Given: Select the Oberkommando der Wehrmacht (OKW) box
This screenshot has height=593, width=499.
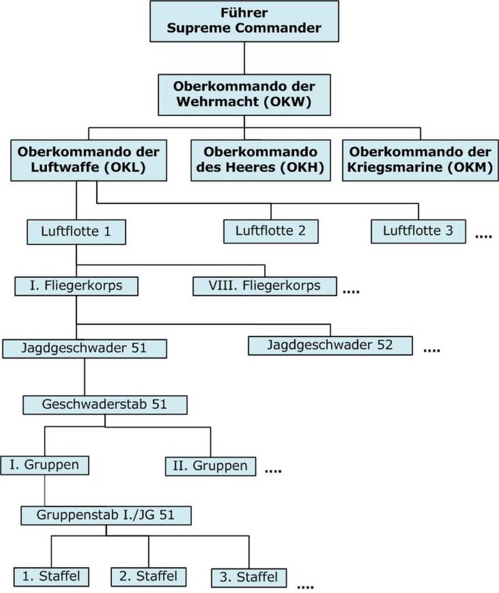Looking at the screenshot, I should click(244, 94).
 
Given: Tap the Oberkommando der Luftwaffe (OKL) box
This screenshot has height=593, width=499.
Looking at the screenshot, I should click(89, 160).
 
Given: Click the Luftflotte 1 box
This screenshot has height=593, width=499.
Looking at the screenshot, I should click(76, 232).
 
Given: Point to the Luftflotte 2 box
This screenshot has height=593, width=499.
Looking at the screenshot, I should click(270, 231).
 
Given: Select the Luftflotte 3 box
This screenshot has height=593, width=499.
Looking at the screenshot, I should click(418, 231).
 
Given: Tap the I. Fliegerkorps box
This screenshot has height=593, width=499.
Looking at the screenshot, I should click(76, 287).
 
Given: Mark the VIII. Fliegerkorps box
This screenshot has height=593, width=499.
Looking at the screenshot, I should click(265, 287).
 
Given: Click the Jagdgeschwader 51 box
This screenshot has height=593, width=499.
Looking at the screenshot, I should click(84, 348).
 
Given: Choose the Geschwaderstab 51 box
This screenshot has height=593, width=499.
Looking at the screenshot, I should click(105, 404).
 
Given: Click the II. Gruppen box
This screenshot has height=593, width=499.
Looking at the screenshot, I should click(210, 466).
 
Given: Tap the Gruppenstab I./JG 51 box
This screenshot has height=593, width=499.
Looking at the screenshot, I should click(106, 515).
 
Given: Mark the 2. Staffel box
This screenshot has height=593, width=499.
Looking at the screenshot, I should click(149, 576).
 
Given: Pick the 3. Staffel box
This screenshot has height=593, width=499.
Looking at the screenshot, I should click(249, 577).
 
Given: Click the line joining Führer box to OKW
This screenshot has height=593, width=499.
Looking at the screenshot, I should click(244, 56).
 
